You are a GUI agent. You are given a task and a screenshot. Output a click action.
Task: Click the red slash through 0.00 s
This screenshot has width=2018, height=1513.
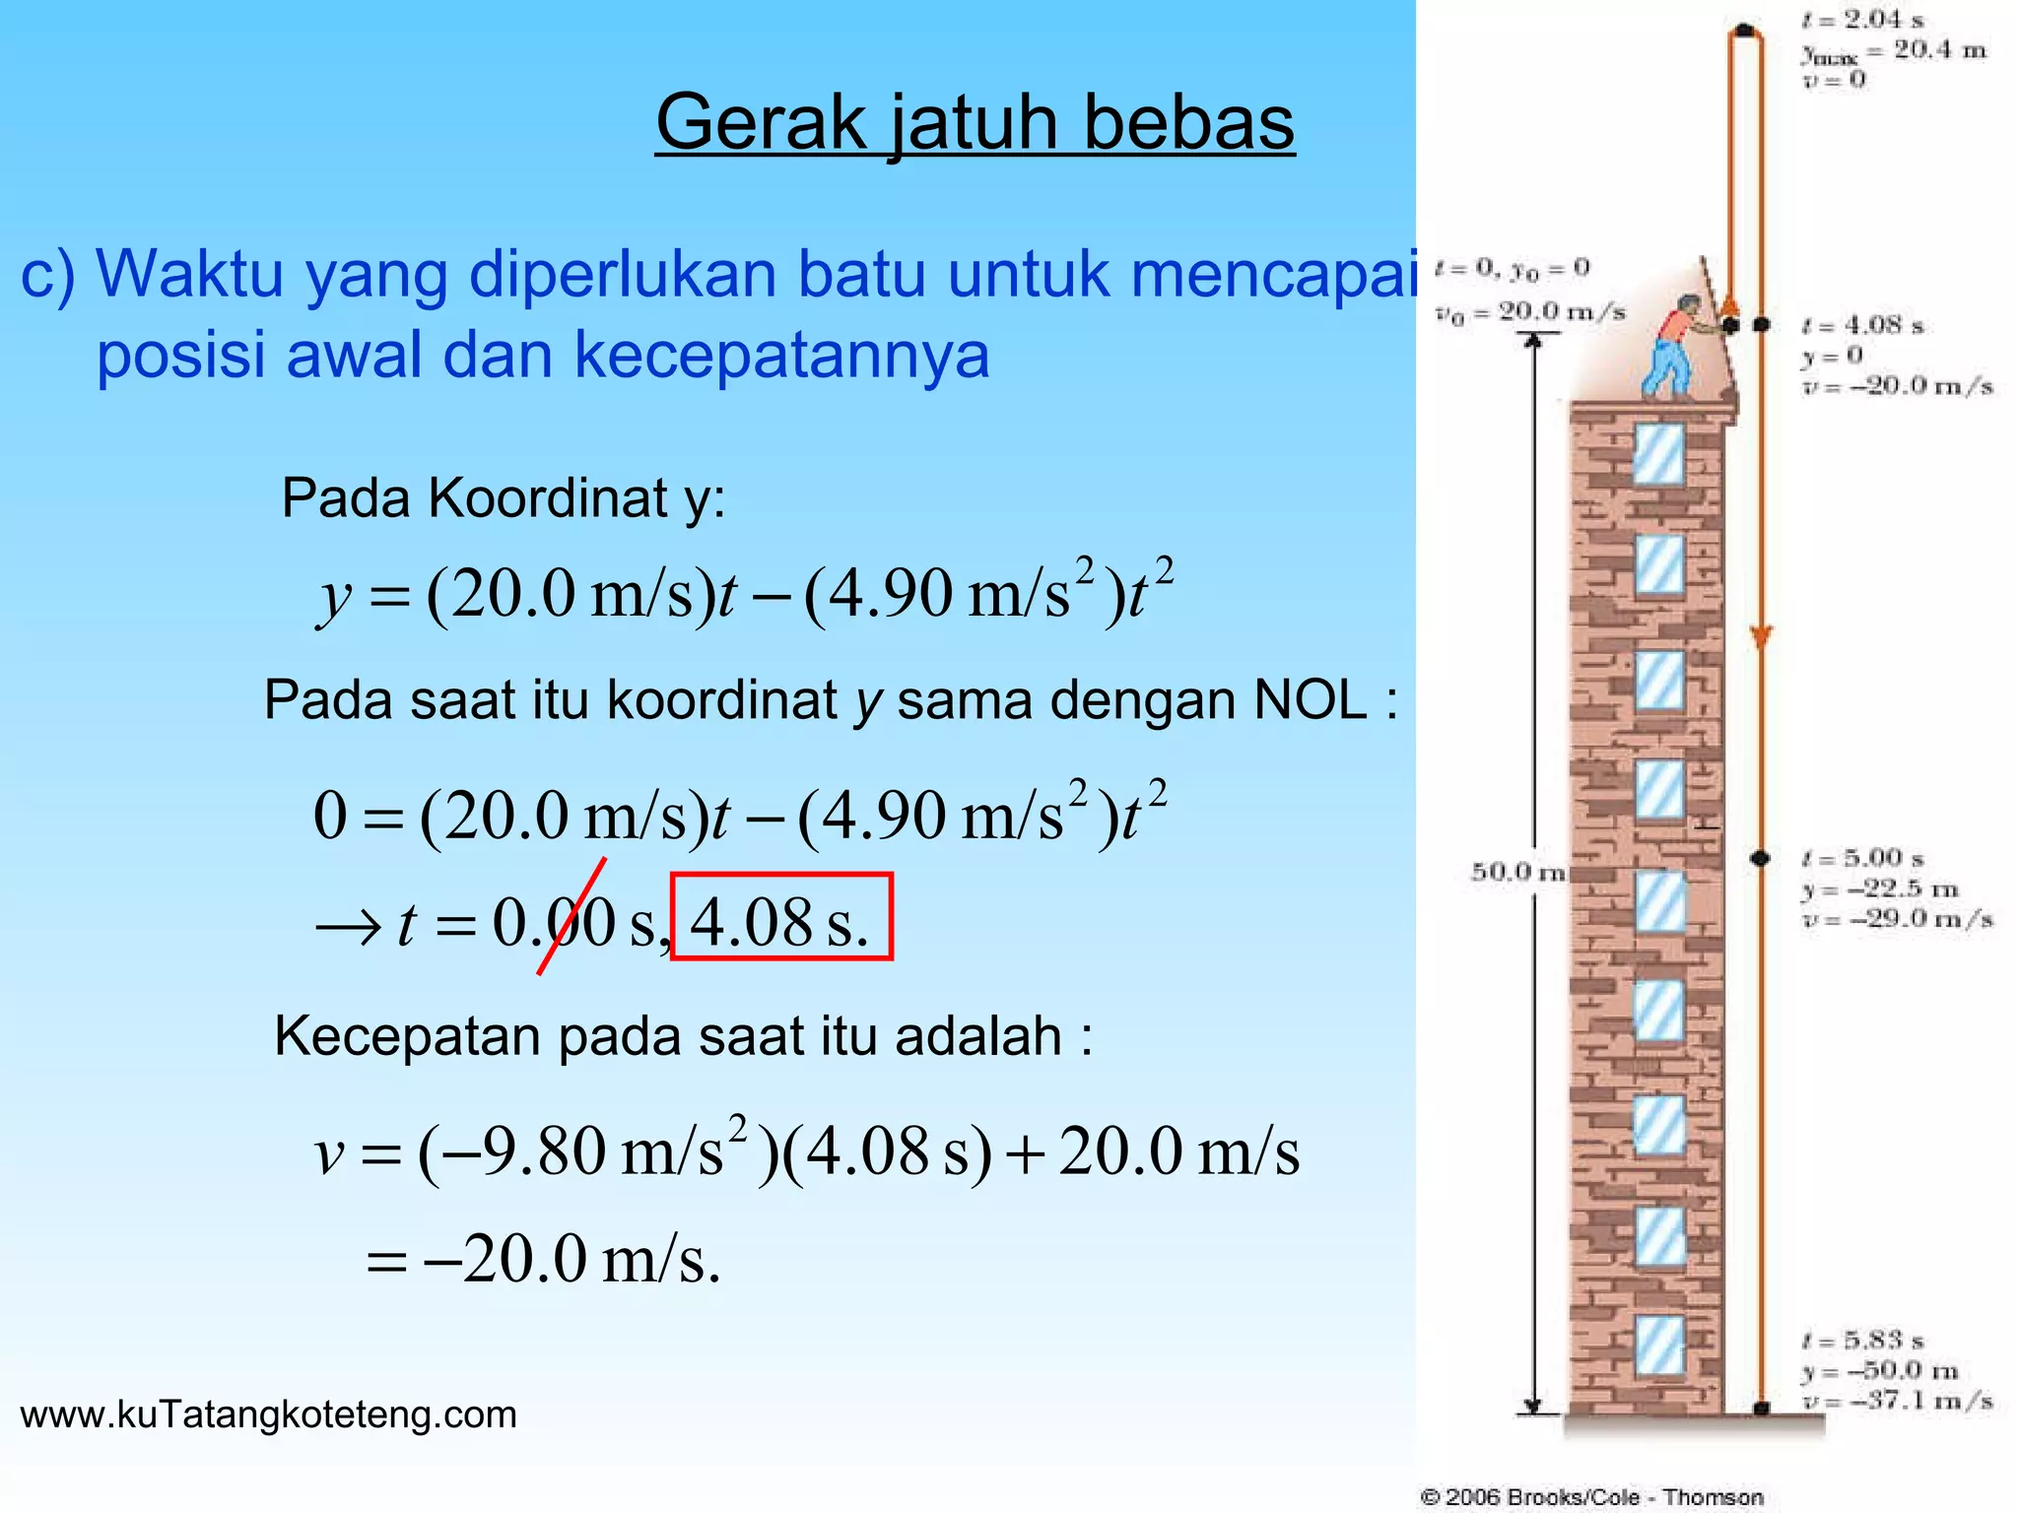pos(572,916)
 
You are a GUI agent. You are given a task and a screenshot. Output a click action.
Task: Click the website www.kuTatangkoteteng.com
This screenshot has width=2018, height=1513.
pos(268,1414)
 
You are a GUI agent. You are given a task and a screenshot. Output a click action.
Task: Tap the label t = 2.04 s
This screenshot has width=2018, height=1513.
pos(1862,20)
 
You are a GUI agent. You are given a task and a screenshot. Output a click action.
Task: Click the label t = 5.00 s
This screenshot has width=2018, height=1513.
pos(1862,858)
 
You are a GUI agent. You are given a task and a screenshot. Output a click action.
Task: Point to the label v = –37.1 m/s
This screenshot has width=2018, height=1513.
pos(1898,1401)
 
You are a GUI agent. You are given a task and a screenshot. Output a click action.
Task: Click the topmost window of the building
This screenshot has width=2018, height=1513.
pos(1658,453)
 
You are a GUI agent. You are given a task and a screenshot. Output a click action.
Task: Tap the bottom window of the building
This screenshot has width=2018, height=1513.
pos(1659,1346)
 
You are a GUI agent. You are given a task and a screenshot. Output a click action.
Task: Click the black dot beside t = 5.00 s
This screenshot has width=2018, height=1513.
pos(1761,858)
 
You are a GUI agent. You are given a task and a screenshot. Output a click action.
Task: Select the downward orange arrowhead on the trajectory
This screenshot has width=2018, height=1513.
pos(1761,637)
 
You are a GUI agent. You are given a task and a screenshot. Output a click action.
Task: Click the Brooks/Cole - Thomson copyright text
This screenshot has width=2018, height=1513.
pos(1591,1497)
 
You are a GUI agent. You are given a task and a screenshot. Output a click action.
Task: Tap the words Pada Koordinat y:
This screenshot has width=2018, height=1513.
pos(503,497)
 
